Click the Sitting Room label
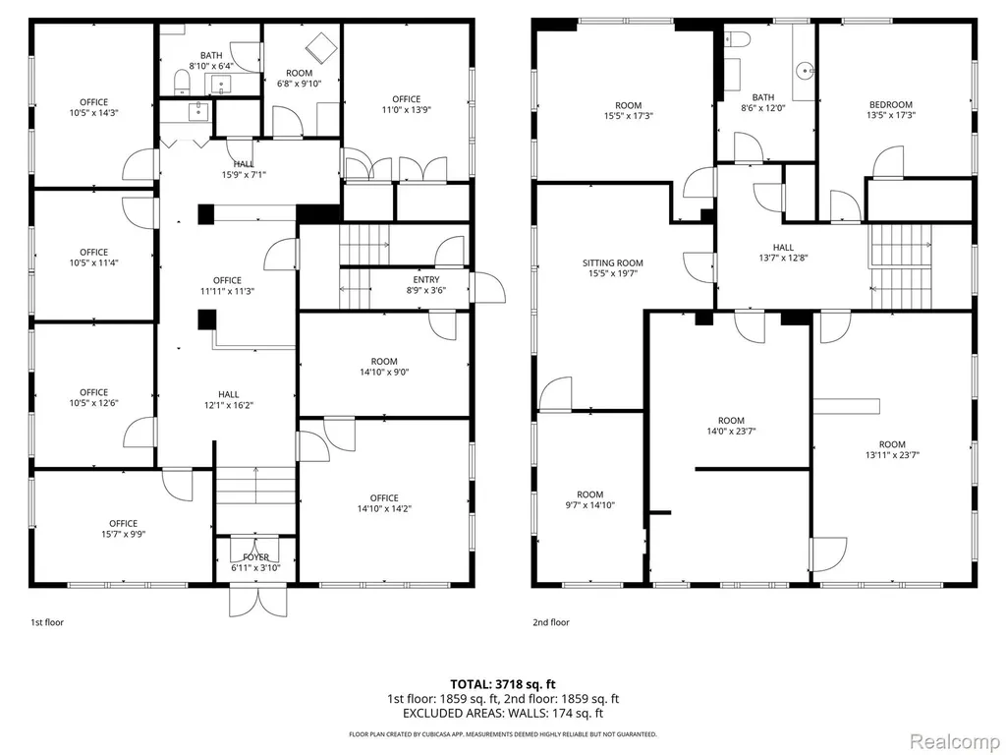[x=613, y=262]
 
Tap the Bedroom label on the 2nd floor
[x=890, y=104]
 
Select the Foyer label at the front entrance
[x=256, y=557]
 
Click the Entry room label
[x=426, y=279]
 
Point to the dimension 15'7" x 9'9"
[x=123, y=534]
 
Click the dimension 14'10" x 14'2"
[x=384, y=508]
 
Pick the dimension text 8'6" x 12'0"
[x=762, y=108]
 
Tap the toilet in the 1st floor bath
[x=182, y=82]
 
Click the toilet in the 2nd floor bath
[x=738, y=39]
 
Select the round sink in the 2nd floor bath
[x=804, y=70]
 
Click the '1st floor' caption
[x=47, y=622]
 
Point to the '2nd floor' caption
[x=551, y=622]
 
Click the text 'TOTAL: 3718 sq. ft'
[x=502, y=684]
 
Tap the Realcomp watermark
[x=955, y=741]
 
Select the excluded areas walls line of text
[x=503, y=714]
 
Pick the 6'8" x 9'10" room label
[x=299, y=78]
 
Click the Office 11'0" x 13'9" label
[x=406, y=104]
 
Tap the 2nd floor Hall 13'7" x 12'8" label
[x=783, y=253]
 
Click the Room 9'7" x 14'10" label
[x=589, y=499]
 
